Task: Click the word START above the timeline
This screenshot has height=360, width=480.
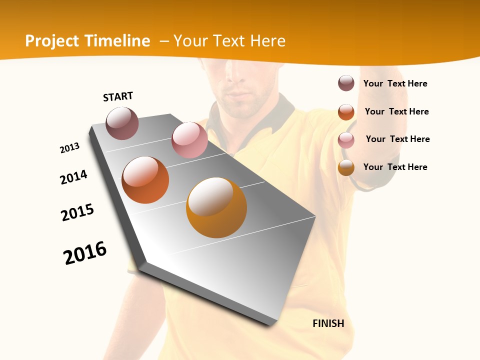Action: click(118, 96)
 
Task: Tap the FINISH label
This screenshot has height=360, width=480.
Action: click(328, 323)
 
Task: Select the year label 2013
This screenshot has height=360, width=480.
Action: click(70, 148)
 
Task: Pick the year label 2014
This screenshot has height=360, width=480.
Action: click(74, 177)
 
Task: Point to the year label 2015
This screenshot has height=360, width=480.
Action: click(77, 212)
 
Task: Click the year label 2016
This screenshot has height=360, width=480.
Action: click(85, 253)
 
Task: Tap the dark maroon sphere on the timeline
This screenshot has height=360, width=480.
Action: click(122, 123)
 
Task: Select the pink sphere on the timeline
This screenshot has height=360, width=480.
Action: click(189, 140)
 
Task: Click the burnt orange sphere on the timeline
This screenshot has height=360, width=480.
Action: click(145, 180)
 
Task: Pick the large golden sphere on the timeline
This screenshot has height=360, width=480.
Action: click(216, 207)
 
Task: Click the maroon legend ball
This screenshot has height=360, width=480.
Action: click(346, 83)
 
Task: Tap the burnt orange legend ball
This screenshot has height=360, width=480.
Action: click(346, 112)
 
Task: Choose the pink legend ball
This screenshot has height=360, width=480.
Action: click(346, 140)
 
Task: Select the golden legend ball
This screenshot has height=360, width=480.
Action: click(346, 168)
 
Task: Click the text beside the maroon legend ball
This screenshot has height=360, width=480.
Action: click(395, 83)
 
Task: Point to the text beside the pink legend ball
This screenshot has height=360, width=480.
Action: click(397, 139)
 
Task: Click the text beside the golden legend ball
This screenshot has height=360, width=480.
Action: click(395, 167)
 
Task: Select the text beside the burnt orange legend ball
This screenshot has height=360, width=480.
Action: click(396, 111)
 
